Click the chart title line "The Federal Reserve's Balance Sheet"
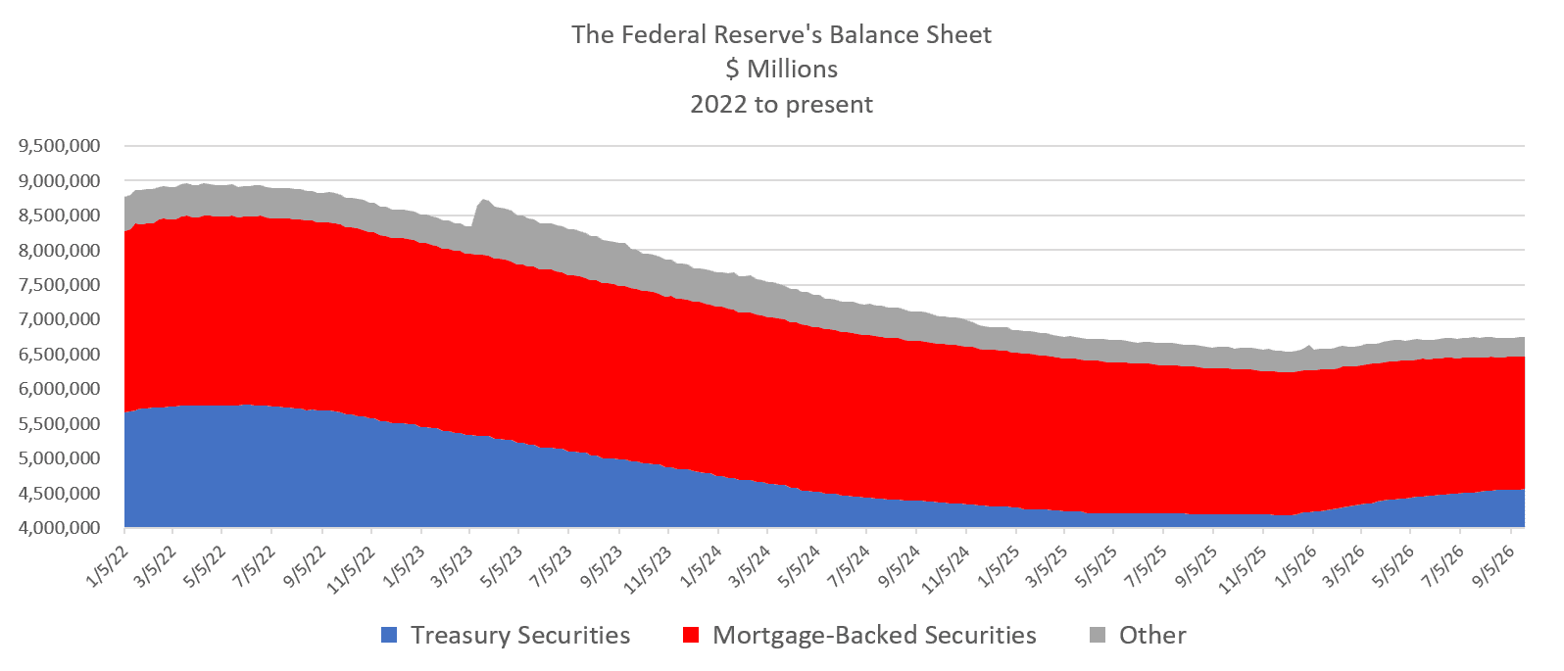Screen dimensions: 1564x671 [781, 35]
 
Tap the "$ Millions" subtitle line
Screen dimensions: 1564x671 [781, 70]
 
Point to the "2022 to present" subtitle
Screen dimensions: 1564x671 [781, 104]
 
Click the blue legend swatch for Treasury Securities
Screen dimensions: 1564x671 [389, 635]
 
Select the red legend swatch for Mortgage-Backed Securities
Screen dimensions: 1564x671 [691, 635]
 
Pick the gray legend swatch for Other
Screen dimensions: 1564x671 [1098, 635]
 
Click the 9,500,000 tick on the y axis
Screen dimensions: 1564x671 [60, 146]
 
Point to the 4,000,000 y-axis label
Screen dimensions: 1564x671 [60, 528]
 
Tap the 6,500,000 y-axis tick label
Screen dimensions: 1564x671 [60, 354]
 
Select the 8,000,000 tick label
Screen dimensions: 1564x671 [60, 250]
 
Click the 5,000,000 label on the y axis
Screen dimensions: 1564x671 [60, 458]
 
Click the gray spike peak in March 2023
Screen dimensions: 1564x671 [484, 200]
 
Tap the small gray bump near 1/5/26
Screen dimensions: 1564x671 [1308, 347]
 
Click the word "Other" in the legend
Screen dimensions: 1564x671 [1152, 636]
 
